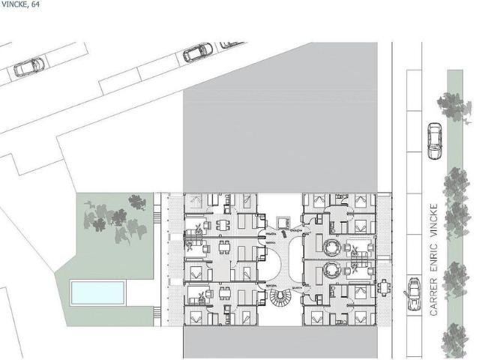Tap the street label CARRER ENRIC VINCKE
coord(433,259)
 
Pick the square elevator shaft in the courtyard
coord(283,222)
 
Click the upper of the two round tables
coord(331,247)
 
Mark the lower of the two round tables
coord(331,271)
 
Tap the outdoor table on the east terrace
coord(384,286)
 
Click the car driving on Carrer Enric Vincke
coord(434,140)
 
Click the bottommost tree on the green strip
coord(454,340)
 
